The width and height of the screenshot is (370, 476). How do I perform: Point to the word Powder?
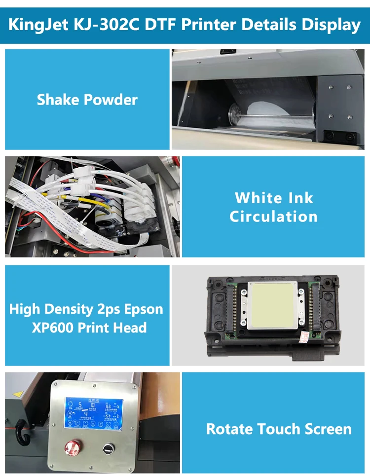111,100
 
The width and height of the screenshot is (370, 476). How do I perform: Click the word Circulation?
273,216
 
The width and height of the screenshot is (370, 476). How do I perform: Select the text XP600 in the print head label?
53,328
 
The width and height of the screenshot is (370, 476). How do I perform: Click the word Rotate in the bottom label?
228,429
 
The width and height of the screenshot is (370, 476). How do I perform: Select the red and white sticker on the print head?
302,335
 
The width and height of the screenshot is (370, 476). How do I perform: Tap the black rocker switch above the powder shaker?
227,51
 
